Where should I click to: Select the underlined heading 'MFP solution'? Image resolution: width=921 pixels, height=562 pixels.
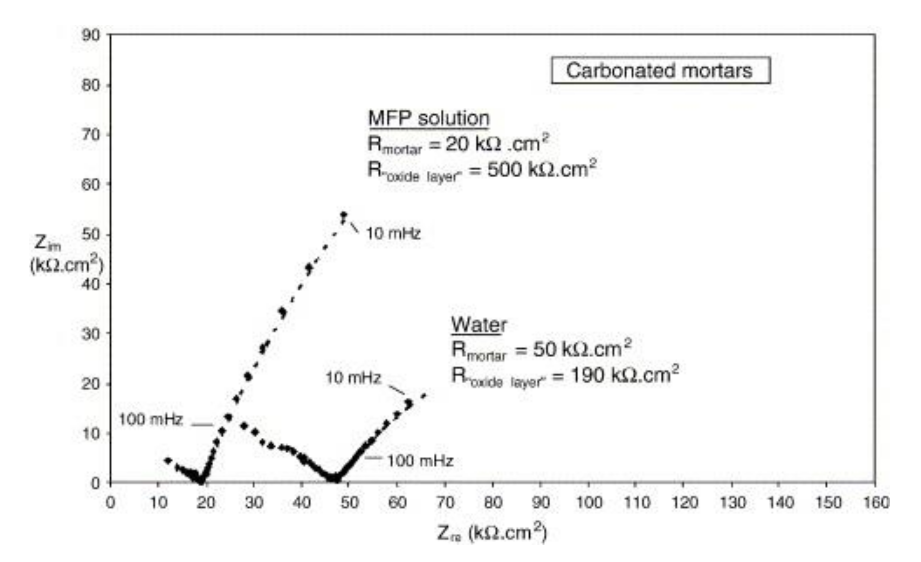click(429, 119)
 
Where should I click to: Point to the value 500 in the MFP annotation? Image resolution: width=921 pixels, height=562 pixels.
click(505, 170)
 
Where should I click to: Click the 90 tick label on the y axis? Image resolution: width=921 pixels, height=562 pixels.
click(91, 35)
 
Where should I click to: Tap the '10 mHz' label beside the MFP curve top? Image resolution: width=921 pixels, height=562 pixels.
click(393, 234)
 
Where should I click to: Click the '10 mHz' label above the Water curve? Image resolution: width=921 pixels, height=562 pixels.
click(353, 378)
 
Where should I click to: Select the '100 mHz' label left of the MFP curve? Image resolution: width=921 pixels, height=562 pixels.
click(151, 420)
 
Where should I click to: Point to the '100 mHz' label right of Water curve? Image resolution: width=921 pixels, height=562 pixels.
click(420, 461)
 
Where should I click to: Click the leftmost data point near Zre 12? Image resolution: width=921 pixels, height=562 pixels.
click(168, 461)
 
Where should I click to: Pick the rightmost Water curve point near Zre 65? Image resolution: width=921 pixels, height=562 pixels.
click(423, 396)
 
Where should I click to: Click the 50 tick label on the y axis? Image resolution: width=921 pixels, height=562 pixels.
click(91, 235)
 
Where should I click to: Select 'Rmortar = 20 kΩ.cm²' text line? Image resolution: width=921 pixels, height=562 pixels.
click(458, 144)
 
